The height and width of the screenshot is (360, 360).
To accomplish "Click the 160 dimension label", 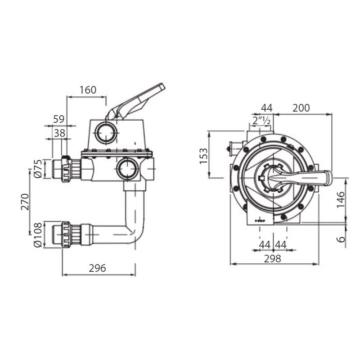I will pyautogui.click(x=88, y=90).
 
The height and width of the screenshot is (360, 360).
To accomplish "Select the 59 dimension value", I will pyautogui.click(x=58, y=119).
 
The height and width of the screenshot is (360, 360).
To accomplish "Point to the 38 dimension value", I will pyautogui.click(x=59, y=133).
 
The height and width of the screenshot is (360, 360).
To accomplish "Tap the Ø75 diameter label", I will pyautogui.click(x=38, y=168).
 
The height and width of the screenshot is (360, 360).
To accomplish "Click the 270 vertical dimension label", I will pyautogui.click(x=25, y=202).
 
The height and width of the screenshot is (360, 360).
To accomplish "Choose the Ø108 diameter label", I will pyautogui.click(x=38, y=234).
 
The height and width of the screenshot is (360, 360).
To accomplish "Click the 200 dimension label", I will pyautogui.click(x=301, y=108).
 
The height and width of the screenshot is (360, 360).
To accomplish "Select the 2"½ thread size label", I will pyautogui.click(x=261, y=121).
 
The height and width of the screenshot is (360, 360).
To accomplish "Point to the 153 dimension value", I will pyautogui.click(x=204, y=156).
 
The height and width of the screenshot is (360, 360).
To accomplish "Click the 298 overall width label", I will pyautogui.click(x=272, y=258).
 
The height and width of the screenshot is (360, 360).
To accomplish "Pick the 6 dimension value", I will pyautogui.click(x=341, y=238).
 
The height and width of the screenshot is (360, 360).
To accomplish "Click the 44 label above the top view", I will pyautogui.click(x=267, y=108).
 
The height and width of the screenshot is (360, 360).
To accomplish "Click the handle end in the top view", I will pyautogui.click(x=325, y=178).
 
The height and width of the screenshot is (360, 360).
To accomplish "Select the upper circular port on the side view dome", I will pyautogui.click(x=106, y=132).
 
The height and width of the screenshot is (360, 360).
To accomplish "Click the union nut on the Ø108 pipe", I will pyautogui.click(x=67, y=234).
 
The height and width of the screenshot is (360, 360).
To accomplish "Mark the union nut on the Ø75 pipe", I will pyautogui.click(x=66, y=169).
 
